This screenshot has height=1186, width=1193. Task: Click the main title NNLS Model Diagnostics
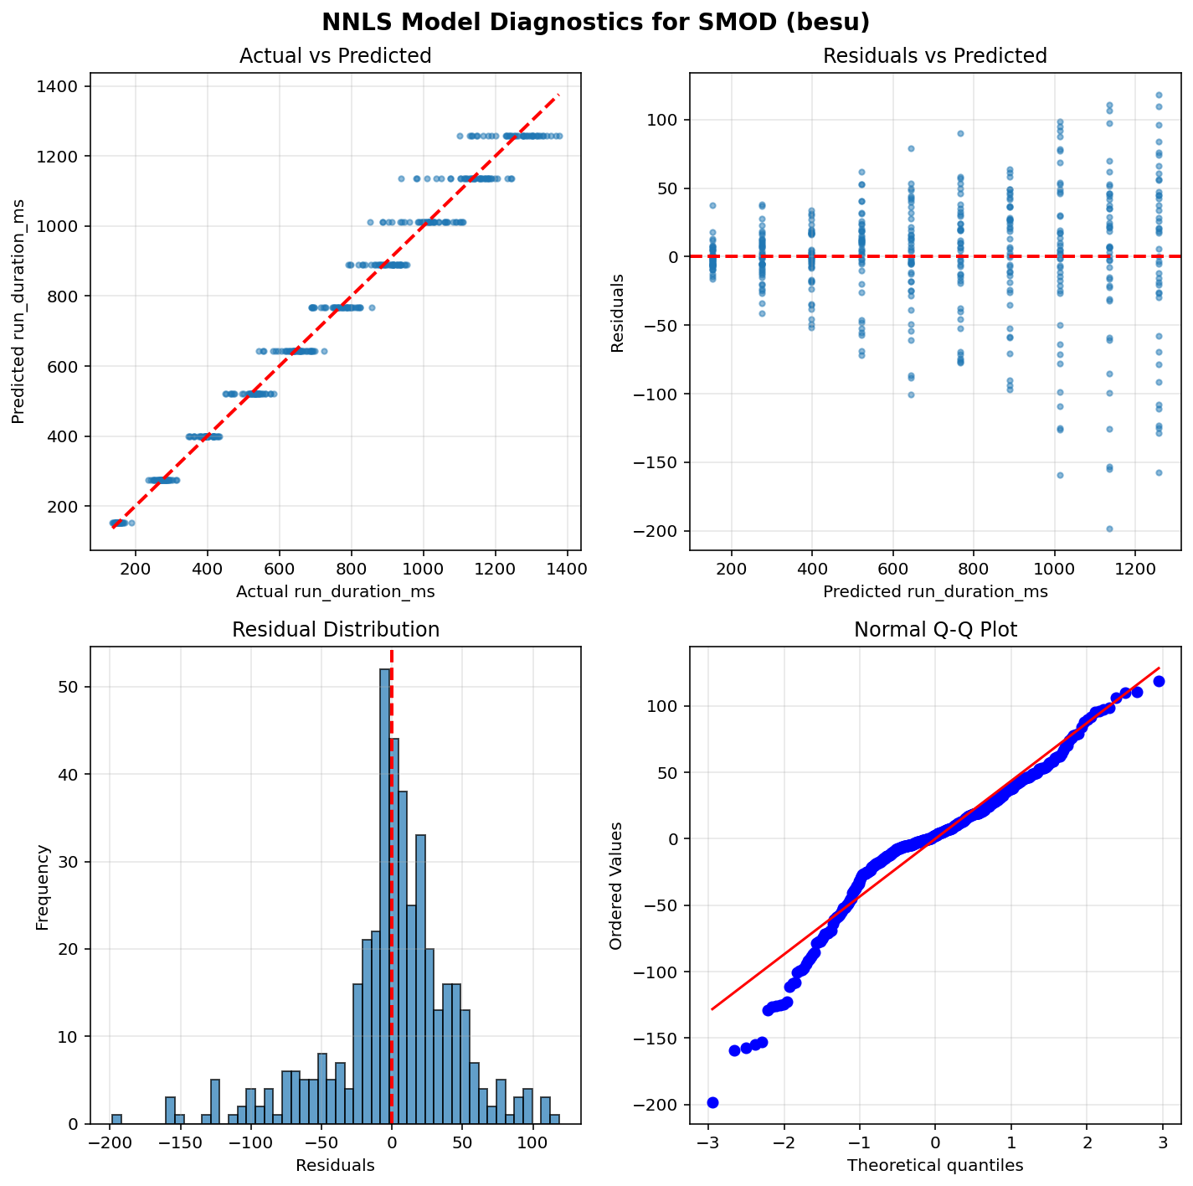tap(596, 22)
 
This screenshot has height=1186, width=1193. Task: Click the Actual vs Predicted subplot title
tap(335, 56)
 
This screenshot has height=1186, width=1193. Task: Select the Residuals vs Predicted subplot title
tap(935, 56)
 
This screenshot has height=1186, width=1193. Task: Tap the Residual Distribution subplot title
tap(335, 630)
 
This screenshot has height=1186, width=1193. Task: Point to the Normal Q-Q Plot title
tap(935, 630)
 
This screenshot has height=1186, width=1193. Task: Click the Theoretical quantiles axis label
tap(935, 1165)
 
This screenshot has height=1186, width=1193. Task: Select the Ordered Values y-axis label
tap(616, 885)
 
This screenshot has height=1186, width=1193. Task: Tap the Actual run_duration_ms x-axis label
tap(335, 592)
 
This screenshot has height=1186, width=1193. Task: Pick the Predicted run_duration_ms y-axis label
tap(18, 311)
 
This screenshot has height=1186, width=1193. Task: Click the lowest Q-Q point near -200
tap(712, 1102)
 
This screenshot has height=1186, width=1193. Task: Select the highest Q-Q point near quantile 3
tap(1159, 681)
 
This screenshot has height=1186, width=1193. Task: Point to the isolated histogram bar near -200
tap(116, 1119)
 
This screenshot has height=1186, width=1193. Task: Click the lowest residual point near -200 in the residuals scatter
tap(1109, 529)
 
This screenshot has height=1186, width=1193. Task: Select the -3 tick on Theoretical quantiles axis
tap(708, 1142)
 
